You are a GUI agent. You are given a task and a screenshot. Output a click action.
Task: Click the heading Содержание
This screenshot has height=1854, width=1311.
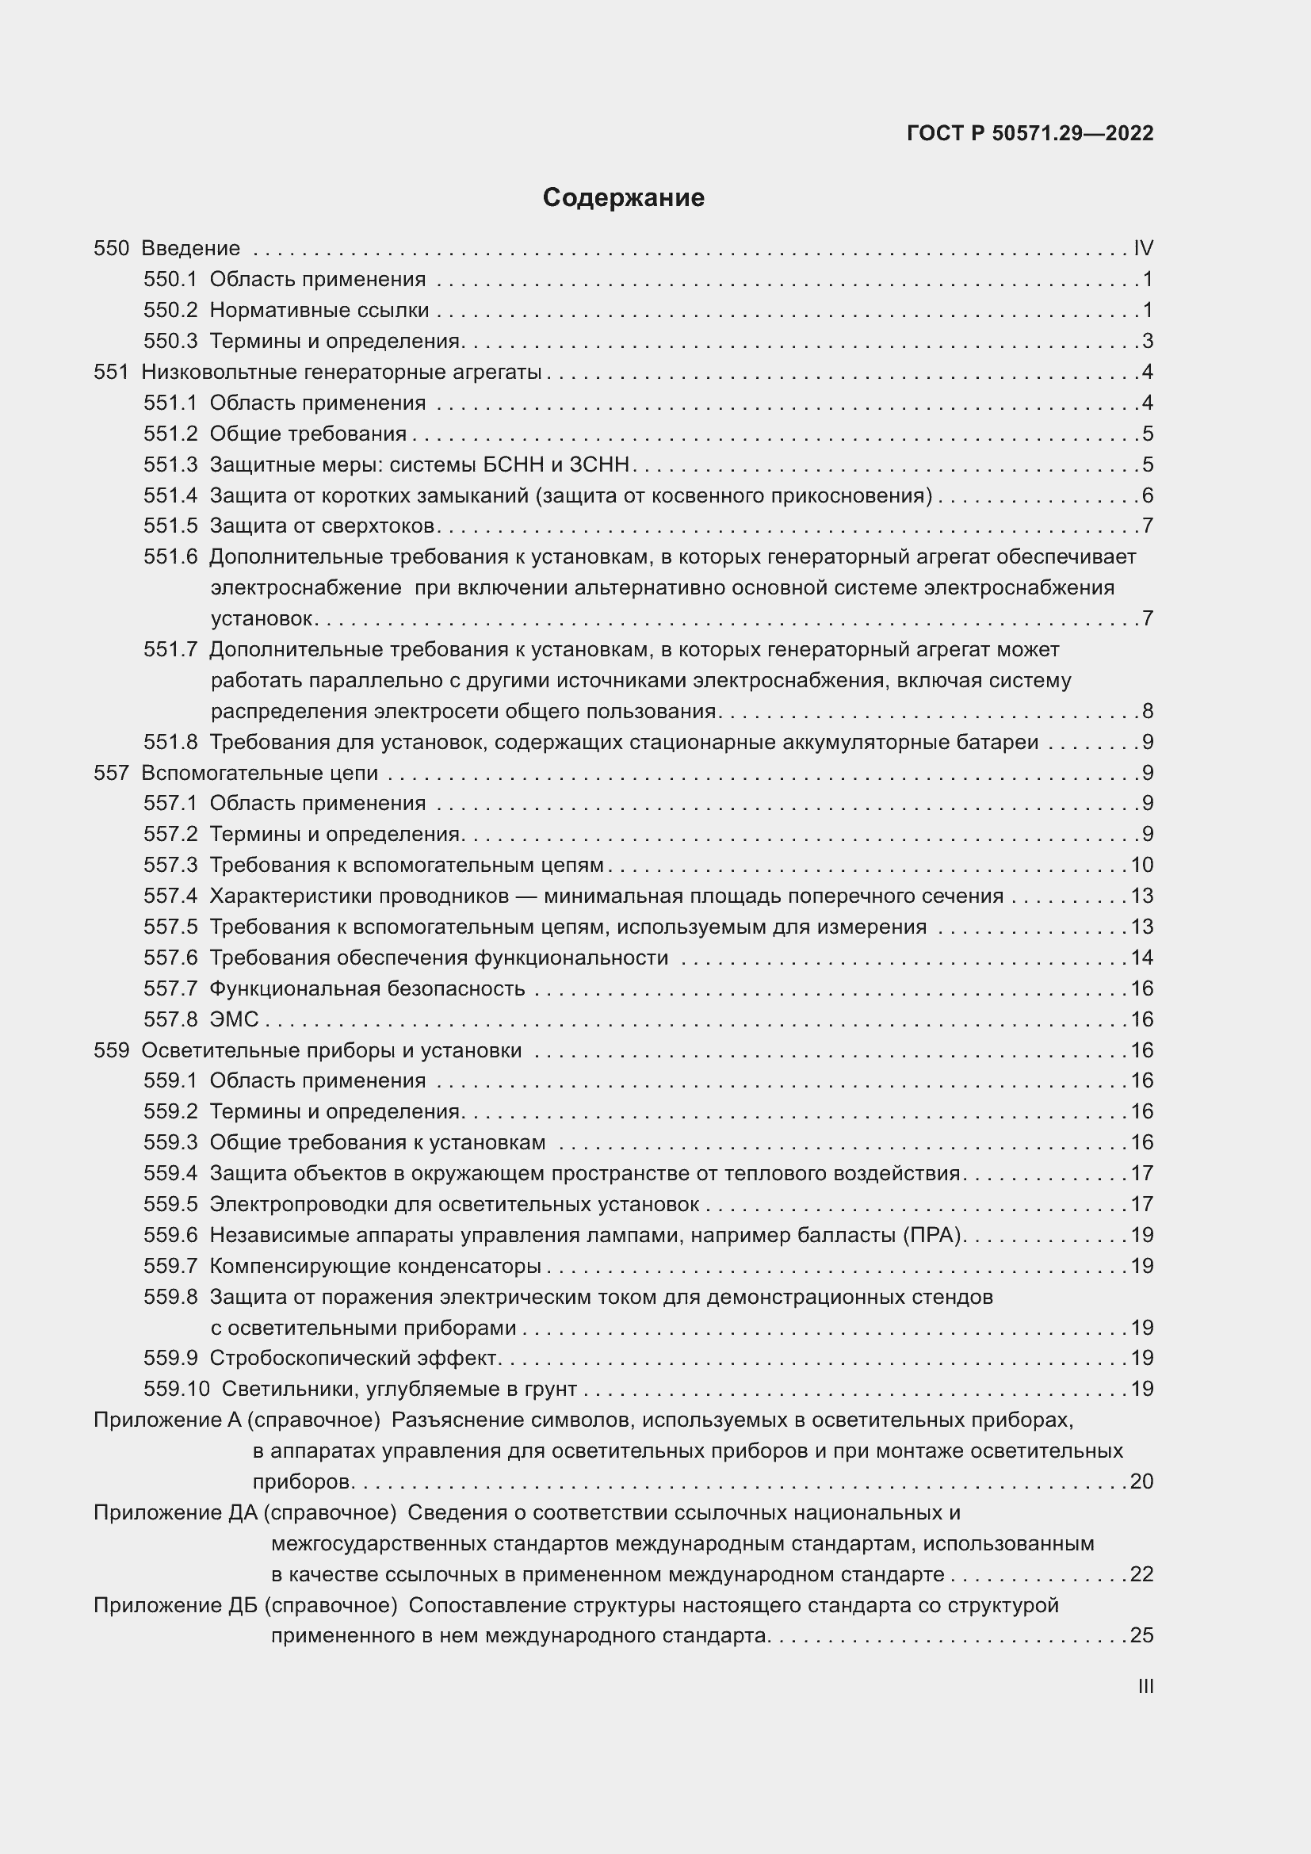623,198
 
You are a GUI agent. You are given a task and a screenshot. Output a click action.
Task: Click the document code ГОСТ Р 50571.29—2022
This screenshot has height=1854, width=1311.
1030,133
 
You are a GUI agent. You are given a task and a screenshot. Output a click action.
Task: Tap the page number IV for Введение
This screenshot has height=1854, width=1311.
1143,248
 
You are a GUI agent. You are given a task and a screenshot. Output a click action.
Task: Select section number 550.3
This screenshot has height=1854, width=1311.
170,341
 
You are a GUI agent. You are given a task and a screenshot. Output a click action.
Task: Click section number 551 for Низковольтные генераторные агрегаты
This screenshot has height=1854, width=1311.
112,372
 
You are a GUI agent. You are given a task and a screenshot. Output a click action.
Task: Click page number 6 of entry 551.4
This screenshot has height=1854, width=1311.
1147,495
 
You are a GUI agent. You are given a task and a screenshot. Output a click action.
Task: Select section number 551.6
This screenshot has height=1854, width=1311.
170,556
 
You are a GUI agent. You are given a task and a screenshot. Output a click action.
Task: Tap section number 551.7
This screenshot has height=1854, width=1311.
170,649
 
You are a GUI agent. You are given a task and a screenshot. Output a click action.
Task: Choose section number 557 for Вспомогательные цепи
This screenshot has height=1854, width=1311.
112,773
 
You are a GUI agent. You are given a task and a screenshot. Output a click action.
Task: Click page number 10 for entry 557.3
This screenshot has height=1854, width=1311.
1141,865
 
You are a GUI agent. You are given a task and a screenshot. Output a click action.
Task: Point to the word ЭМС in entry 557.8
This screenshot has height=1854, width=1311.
234,1019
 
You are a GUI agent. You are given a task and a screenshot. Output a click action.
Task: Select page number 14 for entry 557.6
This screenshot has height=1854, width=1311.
1141,958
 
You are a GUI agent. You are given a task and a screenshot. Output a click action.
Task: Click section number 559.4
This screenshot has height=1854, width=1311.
170,1173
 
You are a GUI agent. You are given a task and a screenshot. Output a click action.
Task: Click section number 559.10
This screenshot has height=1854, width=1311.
176,1389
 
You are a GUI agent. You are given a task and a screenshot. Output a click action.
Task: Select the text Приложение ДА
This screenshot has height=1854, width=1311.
175,1512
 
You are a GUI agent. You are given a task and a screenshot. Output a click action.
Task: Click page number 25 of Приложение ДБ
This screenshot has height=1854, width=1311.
1141,1635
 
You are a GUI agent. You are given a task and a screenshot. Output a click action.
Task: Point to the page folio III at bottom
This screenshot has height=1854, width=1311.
1145,1687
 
